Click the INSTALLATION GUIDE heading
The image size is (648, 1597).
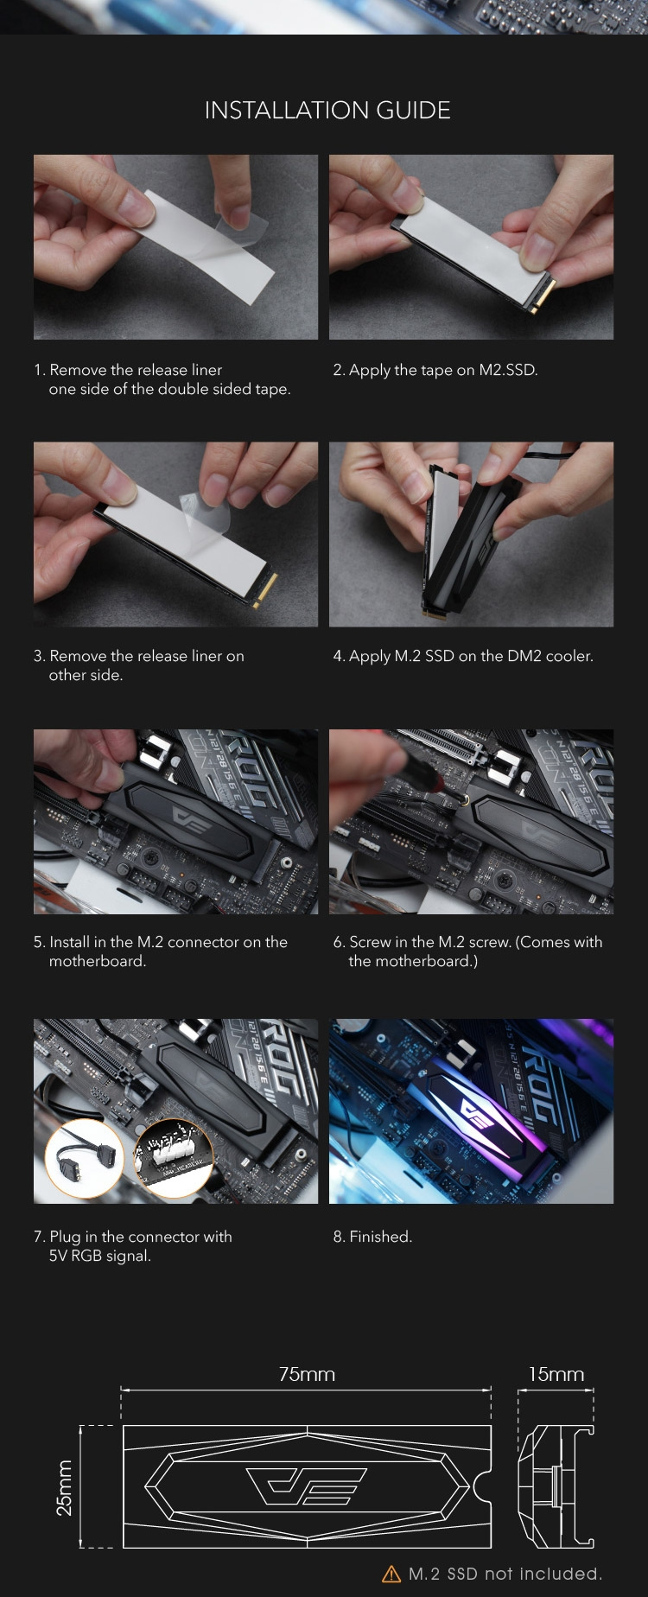click(327, 111)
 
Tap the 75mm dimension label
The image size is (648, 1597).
click(307, 1374)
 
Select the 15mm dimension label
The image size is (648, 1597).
click(556, 1374)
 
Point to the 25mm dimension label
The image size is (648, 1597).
click(64, 1487)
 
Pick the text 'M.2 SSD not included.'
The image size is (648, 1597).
click(505, 1573)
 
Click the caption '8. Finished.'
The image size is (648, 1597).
click(372, 1237)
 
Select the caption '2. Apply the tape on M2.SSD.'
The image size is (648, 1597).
click(435, 370)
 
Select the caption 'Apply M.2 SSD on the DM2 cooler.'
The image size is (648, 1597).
click(471, 656)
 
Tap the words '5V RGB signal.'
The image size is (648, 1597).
click(100, 1256)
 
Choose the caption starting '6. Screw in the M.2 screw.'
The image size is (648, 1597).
click(467, 951)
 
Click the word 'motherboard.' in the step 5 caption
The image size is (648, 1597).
click(98, 961)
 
